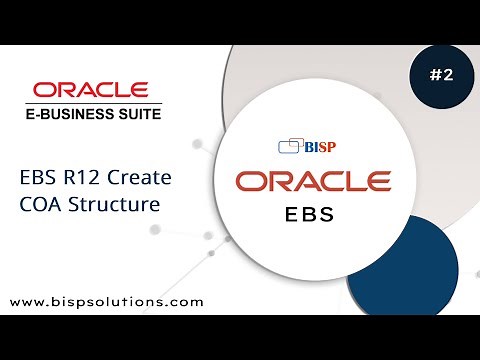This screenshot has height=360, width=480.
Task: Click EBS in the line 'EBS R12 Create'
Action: coord(38,180)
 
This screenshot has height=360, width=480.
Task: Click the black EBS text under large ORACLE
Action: coord(313,214)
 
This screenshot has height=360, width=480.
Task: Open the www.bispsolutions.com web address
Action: coord(107,300)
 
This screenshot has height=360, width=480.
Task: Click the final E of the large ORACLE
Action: coord(377,182)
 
